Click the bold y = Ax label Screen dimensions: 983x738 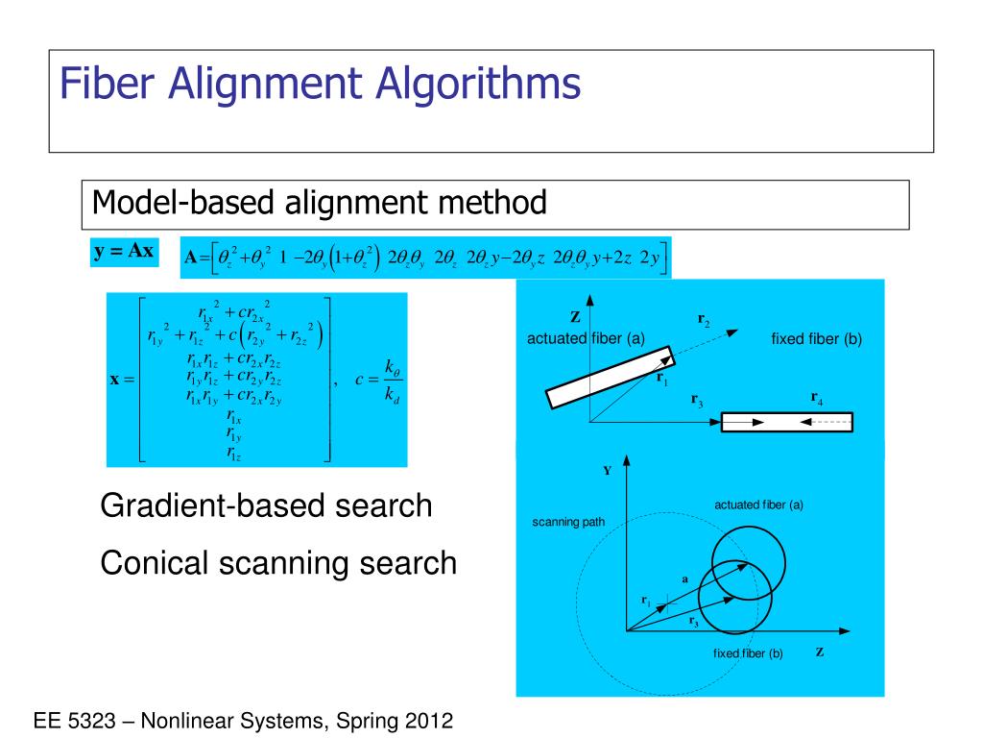coord(123,252)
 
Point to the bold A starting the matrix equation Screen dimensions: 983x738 coord(190,257)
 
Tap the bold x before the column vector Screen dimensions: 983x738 coord(115,380)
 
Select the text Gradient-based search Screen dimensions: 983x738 coord(266,505)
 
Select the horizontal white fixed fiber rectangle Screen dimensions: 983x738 coord(786,422)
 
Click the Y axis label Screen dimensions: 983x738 coord(607,471)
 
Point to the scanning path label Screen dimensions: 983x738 coord(568,523)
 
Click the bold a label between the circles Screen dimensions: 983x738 coord(685,579)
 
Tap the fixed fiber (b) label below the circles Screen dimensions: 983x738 coord(748,653)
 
